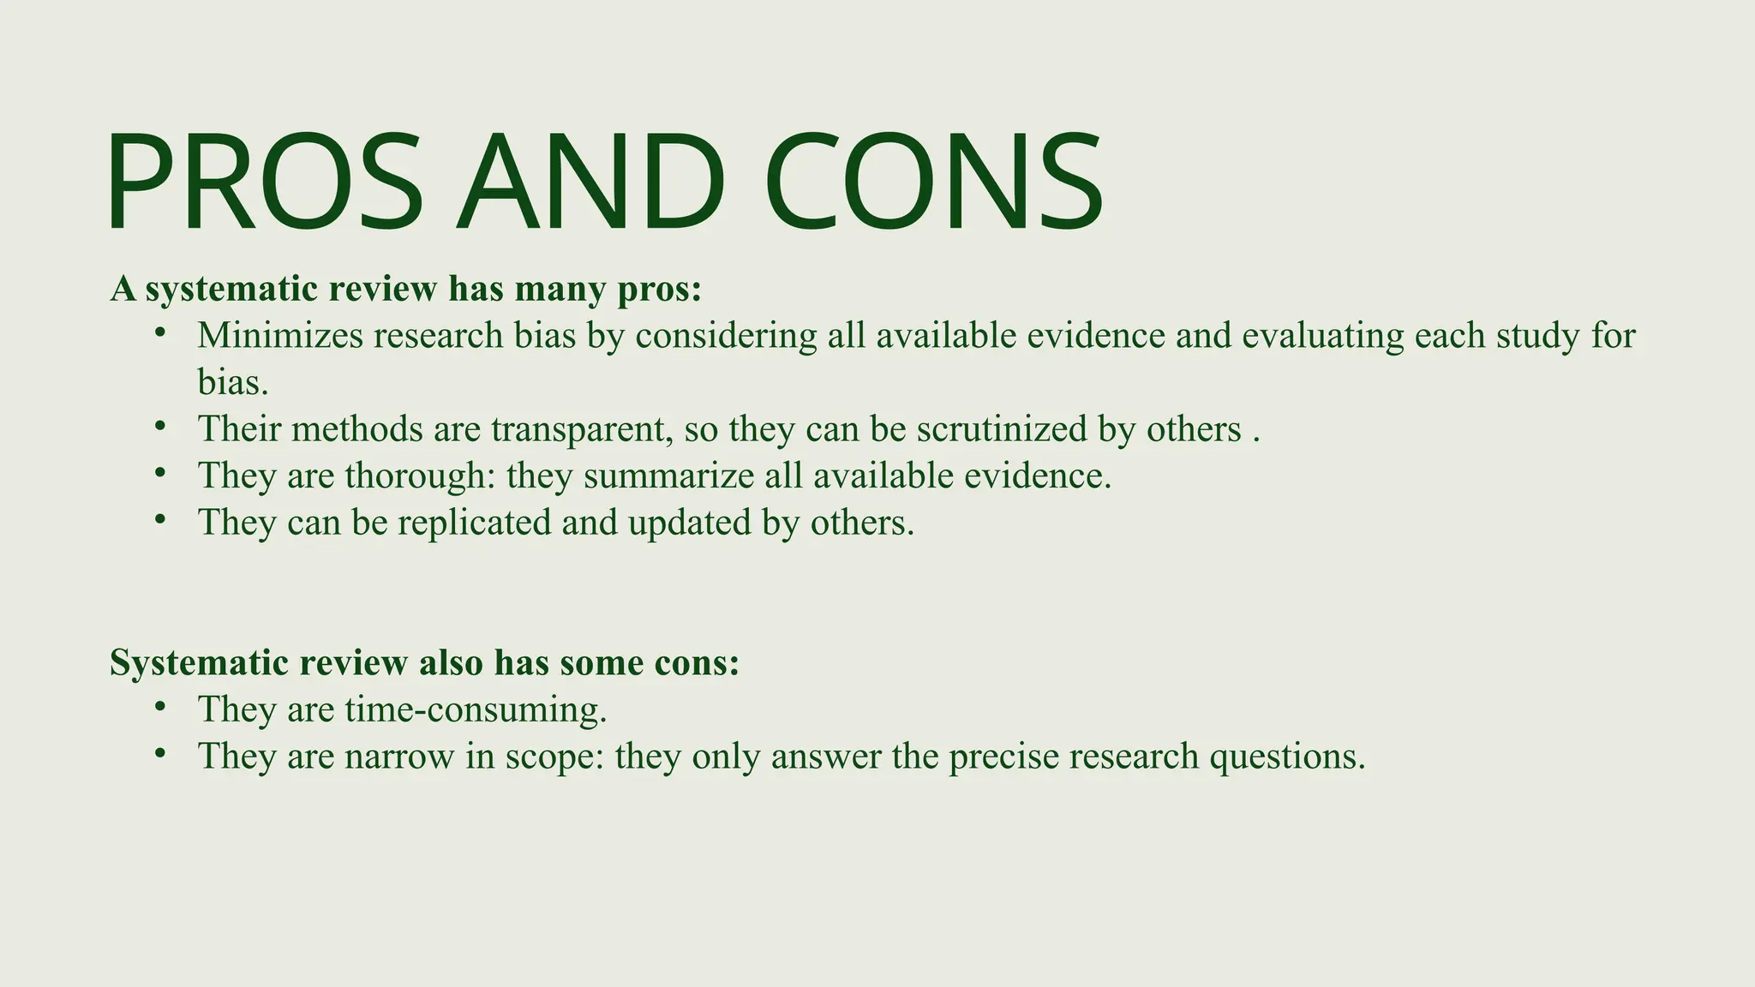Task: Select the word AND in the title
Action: click(x=591, y=182)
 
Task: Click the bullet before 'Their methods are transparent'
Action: click(x=159, y=426)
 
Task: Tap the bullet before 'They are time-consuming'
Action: click(x=159, y=707)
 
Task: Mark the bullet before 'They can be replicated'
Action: click(x=159, y=519)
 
